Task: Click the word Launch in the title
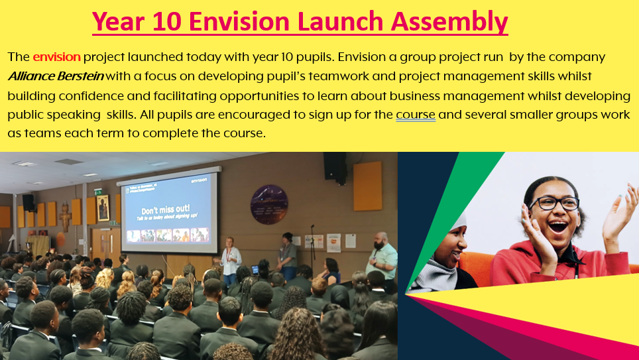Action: tap(340, 21)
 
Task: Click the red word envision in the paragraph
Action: tap(56, 56)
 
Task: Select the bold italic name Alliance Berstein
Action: tap(56, 76)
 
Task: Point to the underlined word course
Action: tap(415, 115)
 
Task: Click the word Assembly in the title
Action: tap(449, 23)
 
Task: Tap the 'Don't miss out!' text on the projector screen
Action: tap(166, 210)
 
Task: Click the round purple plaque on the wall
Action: tap(269, 205)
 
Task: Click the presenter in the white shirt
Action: tap(230, 260)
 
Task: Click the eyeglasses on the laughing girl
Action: tap(555, 203)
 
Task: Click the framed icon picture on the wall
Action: tap(103, 208)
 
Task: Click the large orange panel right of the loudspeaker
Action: tap(368, 186)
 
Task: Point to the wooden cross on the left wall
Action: tap(65, 217)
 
